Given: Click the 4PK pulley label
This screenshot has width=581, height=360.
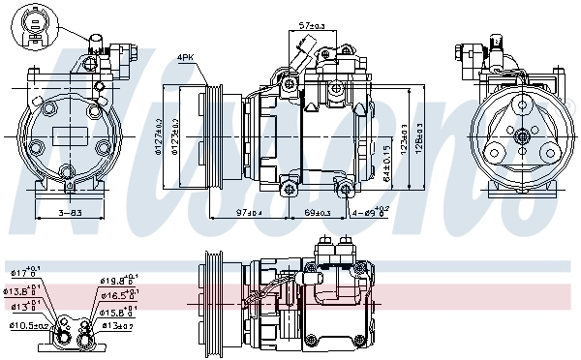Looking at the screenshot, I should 186,58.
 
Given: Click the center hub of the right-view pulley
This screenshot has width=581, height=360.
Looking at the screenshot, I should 518,135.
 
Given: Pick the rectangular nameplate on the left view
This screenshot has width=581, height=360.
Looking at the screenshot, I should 70,135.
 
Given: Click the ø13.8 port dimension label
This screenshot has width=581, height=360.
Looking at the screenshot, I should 24,290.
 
